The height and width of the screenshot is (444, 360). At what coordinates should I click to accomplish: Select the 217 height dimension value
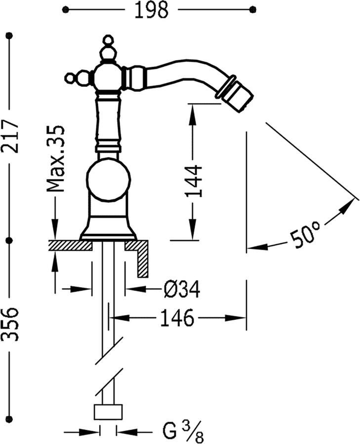point(10,137)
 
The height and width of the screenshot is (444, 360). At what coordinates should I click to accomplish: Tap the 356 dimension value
point(10,324)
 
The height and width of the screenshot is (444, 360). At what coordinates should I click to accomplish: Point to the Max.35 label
point(56,158)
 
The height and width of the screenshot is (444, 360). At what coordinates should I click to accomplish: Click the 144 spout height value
point(194,181)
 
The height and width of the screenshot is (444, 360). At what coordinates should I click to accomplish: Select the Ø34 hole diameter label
point(182,289)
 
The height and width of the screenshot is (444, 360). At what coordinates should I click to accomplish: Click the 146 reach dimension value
point(177,318)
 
